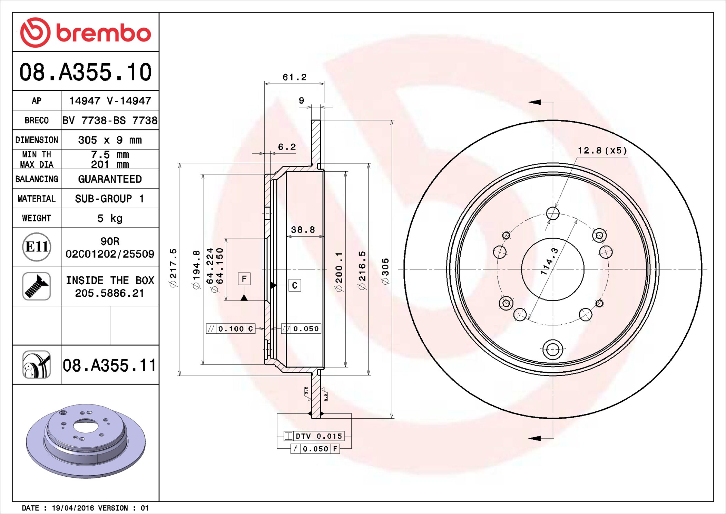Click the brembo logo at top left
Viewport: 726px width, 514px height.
(x=86, y=32)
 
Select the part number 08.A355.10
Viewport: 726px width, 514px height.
(x=86, y=72)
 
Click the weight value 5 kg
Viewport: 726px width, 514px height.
(x=110, y=218)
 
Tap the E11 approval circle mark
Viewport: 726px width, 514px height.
(x=37, y=247)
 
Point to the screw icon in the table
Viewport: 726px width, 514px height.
(x=37, y=286)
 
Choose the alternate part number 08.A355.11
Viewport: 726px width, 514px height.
(x=109, y=365)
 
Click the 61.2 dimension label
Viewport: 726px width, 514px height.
(x=295, y=77)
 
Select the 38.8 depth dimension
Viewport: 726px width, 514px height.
(x=303, y=230)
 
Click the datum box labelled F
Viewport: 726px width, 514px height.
(x=244, y=279)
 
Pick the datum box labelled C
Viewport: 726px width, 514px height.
(x=295, y=285)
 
